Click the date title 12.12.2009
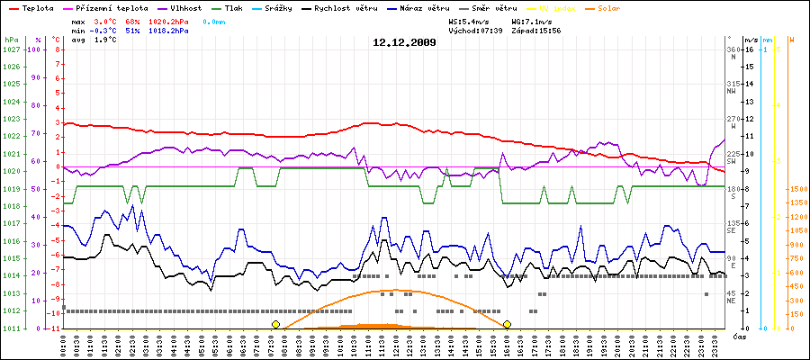tap(405, 42)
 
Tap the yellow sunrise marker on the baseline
tap(275, 324)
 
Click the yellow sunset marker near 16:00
tap(508, 324)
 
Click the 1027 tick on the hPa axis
tap(11, 49)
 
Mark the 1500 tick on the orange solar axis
tap(797, 189)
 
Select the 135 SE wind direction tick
tap(734, 226)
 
